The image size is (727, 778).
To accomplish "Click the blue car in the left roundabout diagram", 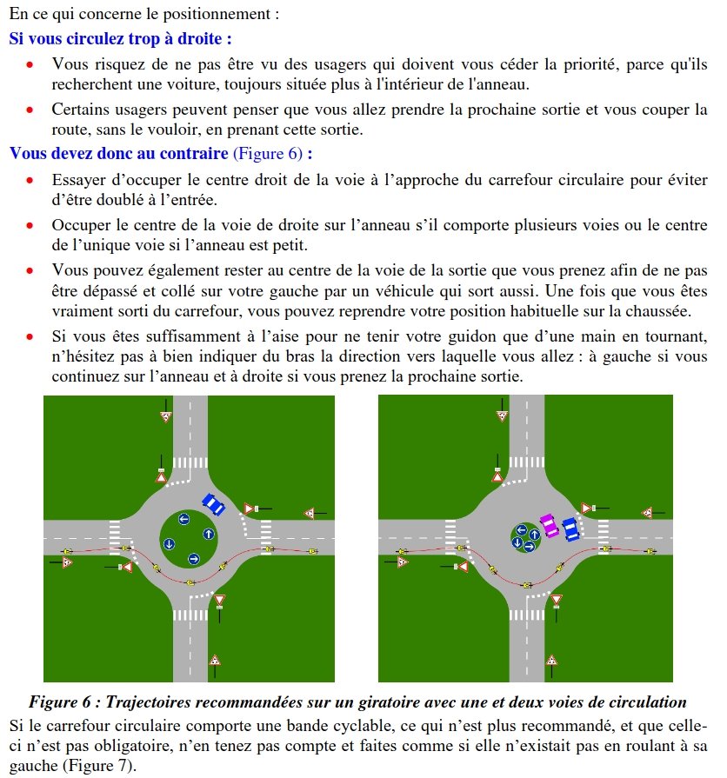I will (213, 504).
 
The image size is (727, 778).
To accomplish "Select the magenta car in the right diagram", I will (550, 526).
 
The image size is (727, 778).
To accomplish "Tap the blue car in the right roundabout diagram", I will (570, 529).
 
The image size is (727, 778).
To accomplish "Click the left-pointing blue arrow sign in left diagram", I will (183, 519).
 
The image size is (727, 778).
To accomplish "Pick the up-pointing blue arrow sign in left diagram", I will (209, 533).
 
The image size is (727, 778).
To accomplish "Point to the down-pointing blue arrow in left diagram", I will (170, 544).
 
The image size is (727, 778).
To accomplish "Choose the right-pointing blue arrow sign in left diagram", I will (194, 558).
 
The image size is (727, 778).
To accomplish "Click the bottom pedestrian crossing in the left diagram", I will (190, 615).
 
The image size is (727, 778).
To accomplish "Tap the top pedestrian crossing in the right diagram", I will (525, 461).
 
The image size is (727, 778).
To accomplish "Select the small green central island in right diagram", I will (525, 536).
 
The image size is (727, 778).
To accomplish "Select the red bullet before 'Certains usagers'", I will (30, 110).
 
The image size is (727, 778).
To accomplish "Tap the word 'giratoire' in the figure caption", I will (402, 702).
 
